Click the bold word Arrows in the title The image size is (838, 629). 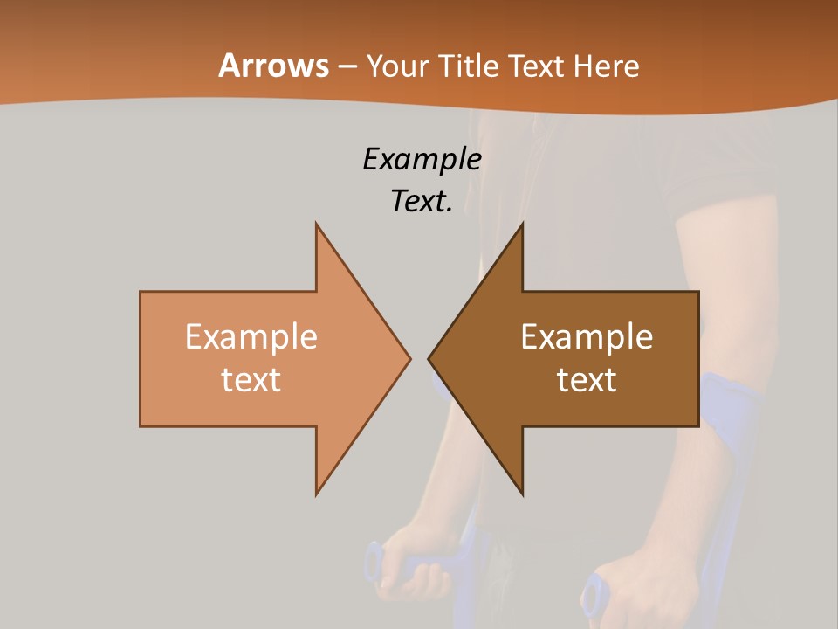click(273, 66)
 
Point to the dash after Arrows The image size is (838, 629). click(347, 66)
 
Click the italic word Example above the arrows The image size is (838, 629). click(422, 160)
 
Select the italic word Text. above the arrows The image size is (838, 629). click(422, 202)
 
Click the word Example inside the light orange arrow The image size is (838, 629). click(251, 337)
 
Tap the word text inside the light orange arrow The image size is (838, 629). click(251, 379)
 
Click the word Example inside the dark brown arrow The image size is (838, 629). click(587, 337)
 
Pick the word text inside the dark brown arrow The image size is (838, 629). click(587, 379)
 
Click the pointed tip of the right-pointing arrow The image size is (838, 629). click(410, 358)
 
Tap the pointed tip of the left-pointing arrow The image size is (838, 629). click(429, 358)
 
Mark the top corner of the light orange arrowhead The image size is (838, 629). click(317, 224)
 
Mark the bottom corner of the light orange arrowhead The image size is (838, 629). click(317, 494)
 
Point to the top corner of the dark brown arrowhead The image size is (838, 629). click(522, 224)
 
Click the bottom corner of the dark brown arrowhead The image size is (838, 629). click(522, 494)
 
